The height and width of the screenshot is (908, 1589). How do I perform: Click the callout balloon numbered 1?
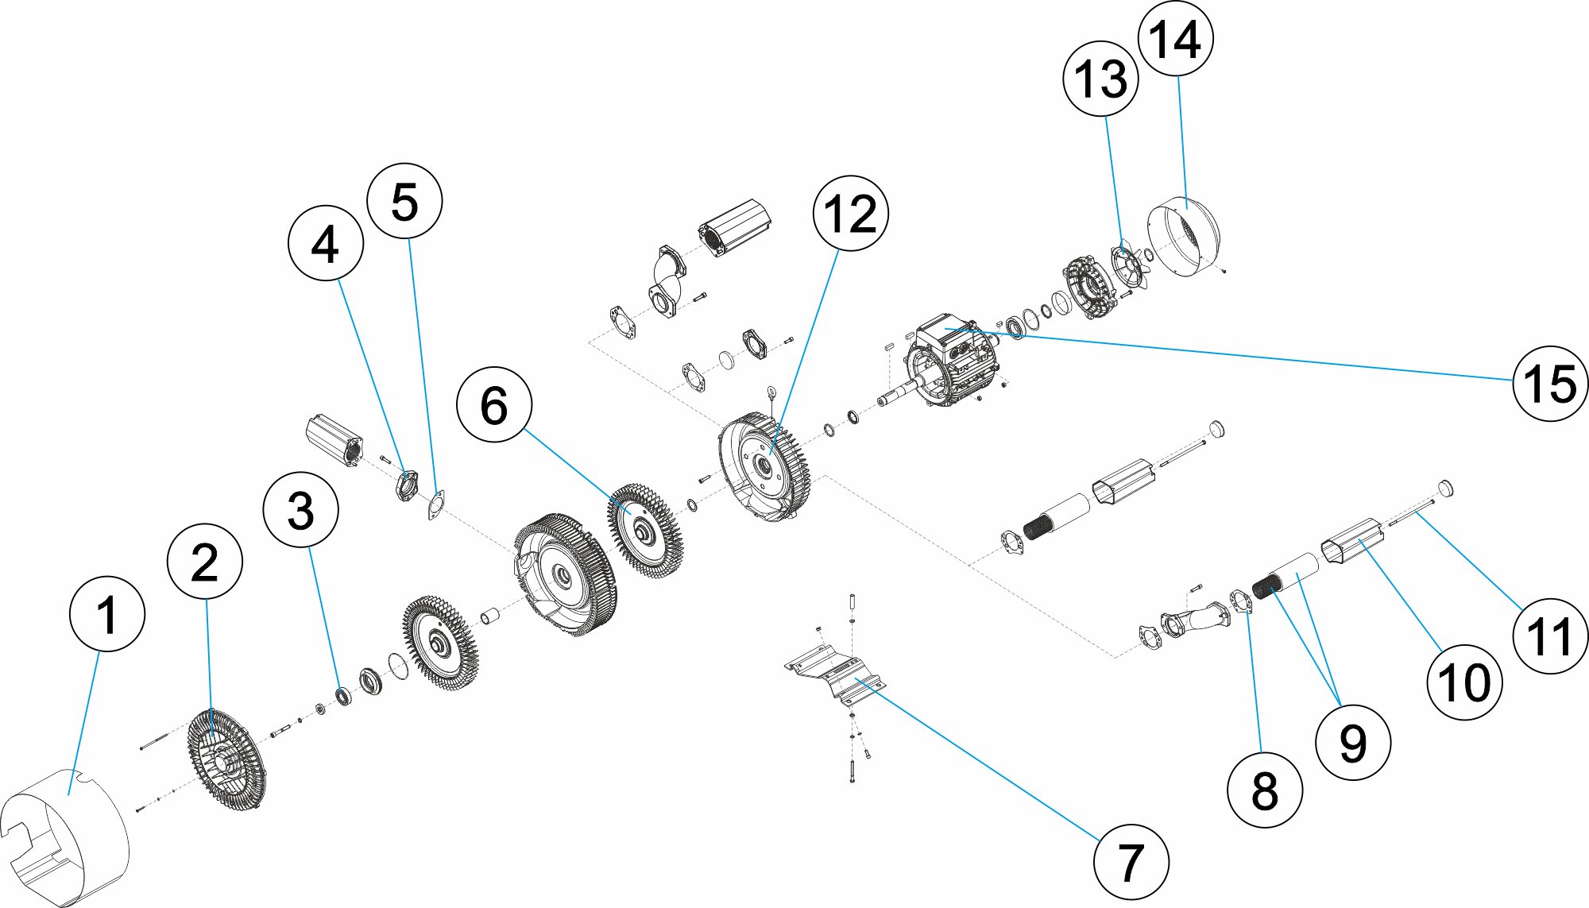pos(107,614)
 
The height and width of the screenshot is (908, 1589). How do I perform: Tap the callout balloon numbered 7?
pos(1131,862)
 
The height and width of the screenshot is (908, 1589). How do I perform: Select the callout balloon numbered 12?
pos(850,213)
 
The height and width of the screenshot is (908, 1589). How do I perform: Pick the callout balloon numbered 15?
pos(1550,384)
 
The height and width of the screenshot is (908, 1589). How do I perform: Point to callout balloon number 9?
pos(1352,743)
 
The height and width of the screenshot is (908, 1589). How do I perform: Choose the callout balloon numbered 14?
pos(1175,39)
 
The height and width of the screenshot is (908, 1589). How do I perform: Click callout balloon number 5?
pos(404,201)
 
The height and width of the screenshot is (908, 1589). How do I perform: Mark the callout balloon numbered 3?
pos(300,510)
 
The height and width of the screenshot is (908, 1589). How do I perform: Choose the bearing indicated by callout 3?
pos(342,695)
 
